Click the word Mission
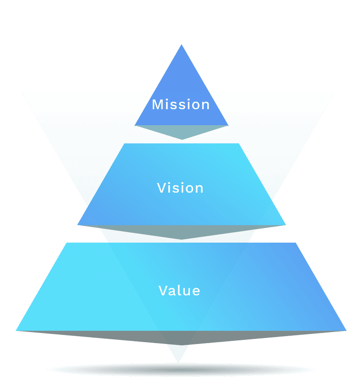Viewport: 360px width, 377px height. pos(181,105)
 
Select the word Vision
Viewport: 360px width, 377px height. pos(180,188)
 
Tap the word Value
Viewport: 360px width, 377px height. pos(179,291)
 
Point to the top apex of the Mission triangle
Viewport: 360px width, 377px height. pos(182,45)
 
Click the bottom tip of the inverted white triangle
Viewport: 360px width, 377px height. pos(177,362)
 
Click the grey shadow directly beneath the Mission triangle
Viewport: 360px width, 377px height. pos(182,132)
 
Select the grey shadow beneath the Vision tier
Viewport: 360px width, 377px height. pos(182,232)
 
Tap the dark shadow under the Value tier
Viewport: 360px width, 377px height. pos(182,338)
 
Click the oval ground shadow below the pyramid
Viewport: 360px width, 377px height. pos(181,370)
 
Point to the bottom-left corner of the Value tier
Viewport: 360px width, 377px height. pos(17,330)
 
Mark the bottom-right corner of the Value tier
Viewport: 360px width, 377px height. pos(345,330)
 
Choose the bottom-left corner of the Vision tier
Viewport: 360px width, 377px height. pos(78,225)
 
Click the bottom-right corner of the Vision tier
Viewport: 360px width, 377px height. pos(285,225)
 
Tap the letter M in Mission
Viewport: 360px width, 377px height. pos(157,105)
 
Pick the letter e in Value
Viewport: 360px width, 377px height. pos(196,291)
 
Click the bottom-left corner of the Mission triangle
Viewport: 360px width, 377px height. pos(135,125)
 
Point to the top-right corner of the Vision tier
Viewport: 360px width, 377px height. pos(239,144)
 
